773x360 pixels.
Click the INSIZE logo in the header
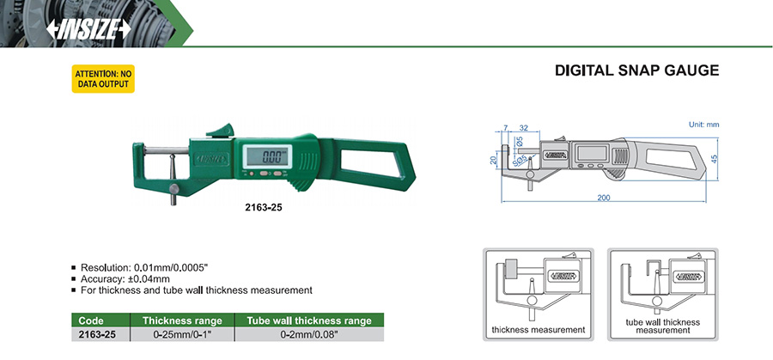88,29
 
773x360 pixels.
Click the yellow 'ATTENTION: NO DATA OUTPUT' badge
103,79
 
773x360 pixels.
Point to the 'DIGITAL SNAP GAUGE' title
637,70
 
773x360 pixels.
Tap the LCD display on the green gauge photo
269,157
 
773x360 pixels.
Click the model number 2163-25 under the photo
264,208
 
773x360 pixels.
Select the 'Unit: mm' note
703,125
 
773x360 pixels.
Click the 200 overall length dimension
604,198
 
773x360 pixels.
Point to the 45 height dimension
715,159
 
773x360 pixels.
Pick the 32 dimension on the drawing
524,128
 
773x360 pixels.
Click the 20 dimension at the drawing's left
492,161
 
